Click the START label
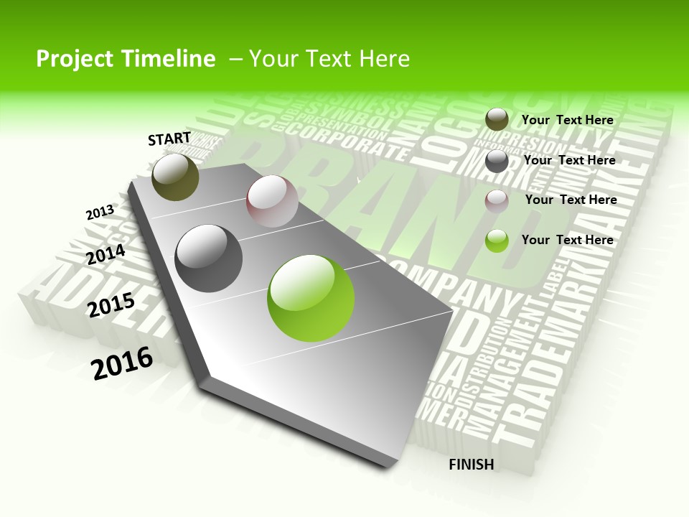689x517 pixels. tap(169, 139)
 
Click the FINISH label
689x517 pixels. tap(471, 465)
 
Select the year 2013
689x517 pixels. tap(100, 212)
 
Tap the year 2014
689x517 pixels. tap(106, 255)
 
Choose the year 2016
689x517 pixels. tap(122, 363)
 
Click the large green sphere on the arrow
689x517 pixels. tap(311, 298)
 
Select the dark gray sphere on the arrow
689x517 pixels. tap(209, 258)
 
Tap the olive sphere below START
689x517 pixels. tap(176, 177)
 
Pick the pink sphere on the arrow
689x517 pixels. tap(272, 201)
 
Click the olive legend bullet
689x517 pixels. tap(497, 120)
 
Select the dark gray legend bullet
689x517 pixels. tap(497, 161)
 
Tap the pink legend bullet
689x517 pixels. tap(497, 200)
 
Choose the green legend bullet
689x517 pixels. tap(497, 241)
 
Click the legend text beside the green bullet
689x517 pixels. tap(568, 240)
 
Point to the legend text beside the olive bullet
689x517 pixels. tap(568, 120)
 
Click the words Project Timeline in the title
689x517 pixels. tap(126, 59)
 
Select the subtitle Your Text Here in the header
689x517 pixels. tap(329, 59)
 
